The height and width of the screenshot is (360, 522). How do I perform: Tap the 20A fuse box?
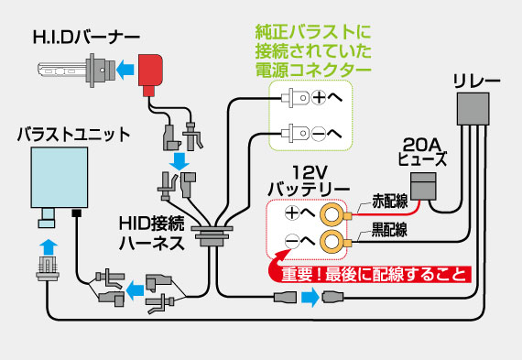(421, 186)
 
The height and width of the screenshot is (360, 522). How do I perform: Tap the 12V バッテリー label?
(308, 180)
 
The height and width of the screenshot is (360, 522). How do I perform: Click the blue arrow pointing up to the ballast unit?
(45, 246)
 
